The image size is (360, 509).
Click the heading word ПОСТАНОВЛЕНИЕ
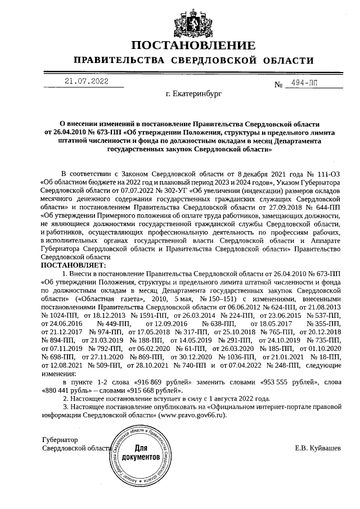click(x=179, y=46)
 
